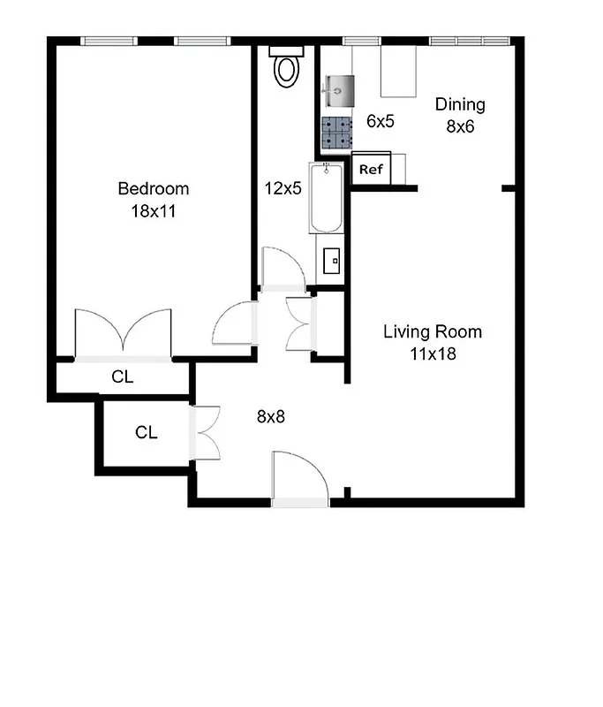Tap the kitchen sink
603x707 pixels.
pyautogui.click(x=336, y=89)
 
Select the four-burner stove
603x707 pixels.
pyautogui.click(x=336, y=133)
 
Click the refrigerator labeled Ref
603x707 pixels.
pyautogui.click(x=371, y=169)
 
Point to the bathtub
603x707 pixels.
pyautogui.click(x=325, y=198)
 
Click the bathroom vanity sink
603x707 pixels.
pyautogui.click(x=333, y=260)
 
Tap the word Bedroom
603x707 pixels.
pyautogui.click(x=154, y=188)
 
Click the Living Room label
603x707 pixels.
pyautogui.click(x=433, y=332)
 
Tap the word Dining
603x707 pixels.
pyautogui.click(x=460, y=104)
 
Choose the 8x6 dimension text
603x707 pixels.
pyautogui.click(x=460, y=125)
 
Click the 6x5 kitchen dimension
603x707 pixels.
pyautogui.click(x=380, y=121)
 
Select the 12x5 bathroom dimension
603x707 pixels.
pyautogui.click(x=283, y=187)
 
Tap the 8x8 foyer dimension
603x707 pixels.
pyautogui.click(x=271, y=415)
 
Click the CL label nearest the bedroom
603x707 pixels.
pyautogui.click(x=123, y=377)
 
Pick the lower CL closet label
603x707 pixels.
pyautogui.click(x=147, y=432)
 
